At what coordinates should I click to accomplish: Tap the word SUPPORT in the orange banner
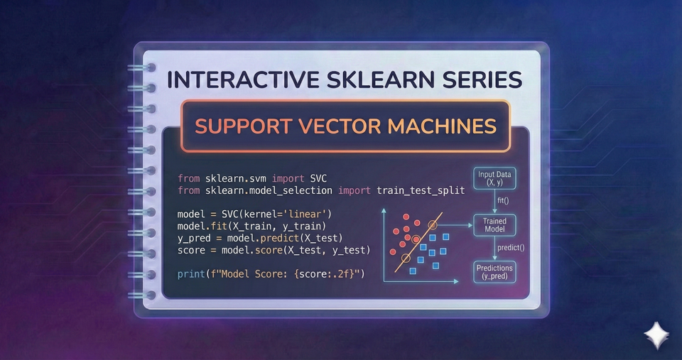click(237, 126)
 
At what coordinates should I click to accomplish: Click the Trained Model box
click(494, 226)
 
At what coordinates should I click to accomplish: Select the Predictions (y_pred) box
click(494, 271)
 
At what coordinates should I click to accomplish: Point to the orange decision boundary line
click(418, 235)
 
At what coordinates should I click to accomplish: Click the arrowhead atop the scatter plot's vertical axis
click(383, 209)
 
